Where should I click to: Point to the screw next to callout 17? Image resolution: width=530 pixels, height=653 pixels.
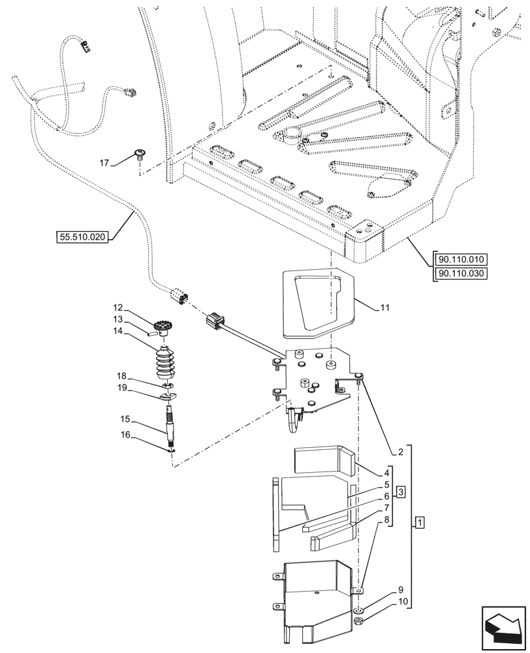pyautogui.click(x=140, y=155)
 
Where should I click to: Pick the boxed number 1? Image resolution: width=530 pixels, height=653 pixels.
pyautogui.click(x=420, y=523)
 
